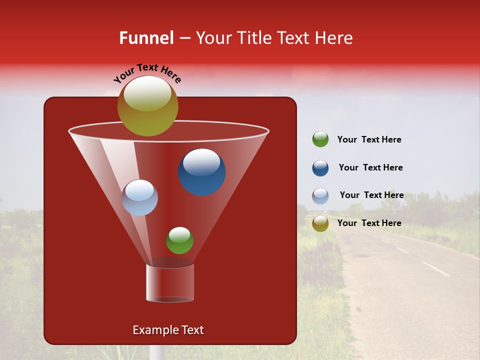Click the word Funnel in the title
[x=146, y=38]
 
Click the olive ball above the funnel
[x=147, y=106]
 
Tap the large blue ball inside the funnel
[x=202, y=172]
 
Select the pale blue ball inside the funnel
[x=139, y=198]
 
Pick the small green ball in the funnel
[x=179, y=240]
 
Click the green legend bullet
[x=320, y=139]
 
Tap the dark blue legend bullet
[x=320, y=168]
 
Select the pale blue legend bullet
[x=320, y=196]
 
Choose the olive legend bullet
[x=320, y=223]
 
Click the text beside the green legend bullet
[x=369, y=139]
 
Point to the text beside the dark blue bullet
[x=370, y=167]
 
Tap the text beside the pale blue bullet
[x=371, y=195]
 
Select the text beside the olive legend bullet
[x=369, y=223]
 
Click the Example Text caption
[x=168, y=330]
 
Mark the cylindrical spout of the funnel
[x=170, y=283]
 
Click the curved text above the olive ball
[x=147, y=73]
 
